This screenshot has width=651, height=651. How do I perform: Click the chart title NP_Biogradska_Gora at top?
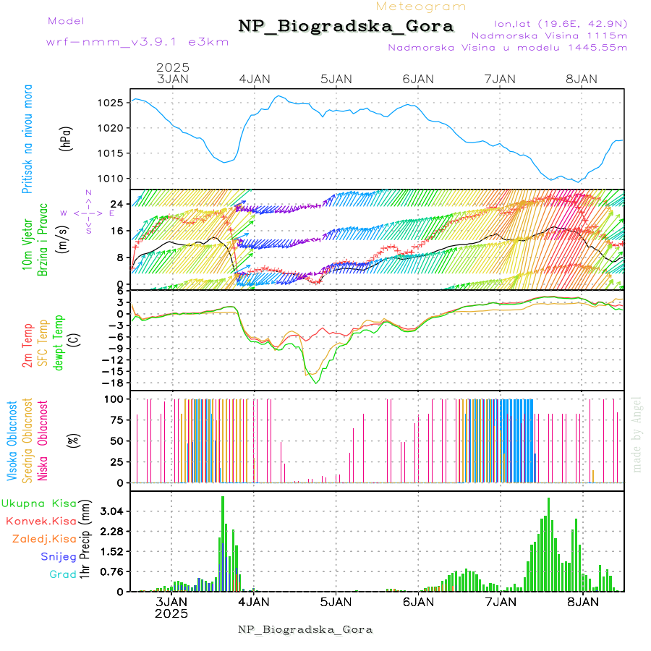346,27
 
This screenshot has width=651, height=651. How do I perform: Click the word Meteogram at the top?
421,7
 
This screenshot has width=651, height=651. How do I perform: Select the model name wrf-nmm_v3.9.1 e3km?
137,41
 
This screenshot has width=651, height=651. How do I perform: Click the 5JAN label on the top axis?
336,79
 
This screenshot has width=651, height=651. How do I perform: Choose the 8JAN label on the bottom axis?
582,601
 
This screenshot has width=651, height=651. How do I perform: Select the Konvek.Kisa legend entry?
41,521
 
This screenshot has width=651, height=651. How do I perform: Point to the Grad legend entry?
62,574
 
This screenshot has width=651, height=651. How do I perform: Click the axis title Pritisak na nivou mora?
27,142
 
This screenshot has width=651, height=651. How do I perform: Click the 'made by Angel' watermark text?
637,434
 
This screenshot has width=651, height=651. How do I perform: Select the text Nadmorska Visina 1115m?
549,35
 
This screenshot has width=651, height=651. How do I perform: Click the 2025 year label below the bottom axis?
172,614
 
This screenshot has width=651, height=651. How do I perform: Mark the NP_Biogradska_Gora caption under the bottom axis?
305,629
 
